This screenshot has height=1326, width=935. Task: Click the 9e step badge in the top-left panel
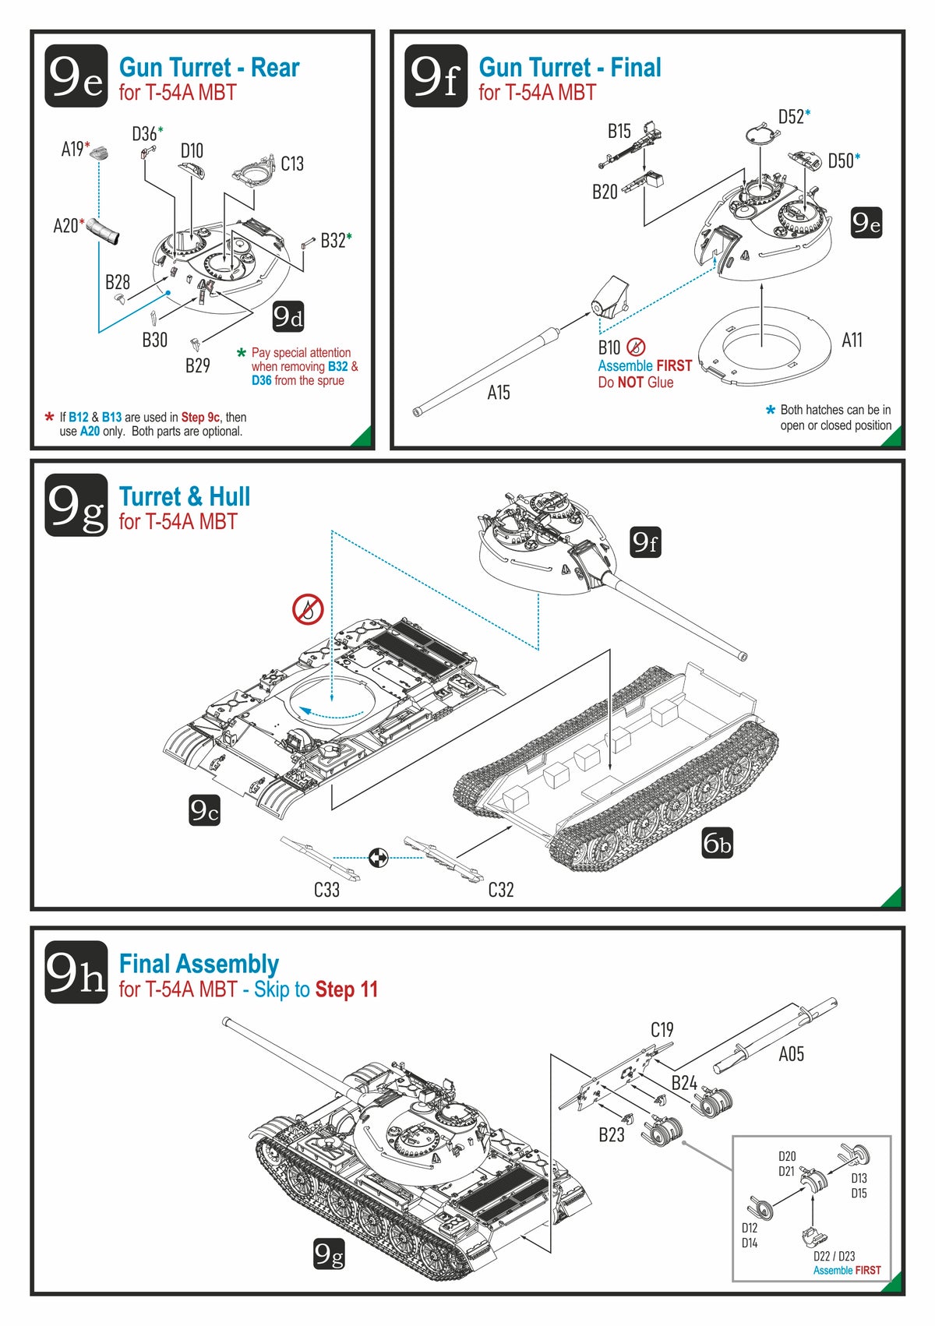[x=76, y=76]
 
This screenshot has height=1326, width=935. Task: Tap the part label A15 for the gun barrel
[x=499, y=393]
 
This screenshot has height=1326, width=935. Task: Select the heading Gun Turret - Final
[x=570, y=68]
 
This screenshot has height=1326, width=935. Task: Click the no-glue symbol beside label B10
[x=636, y=347]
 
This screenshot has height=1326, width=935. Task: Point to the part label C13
[x=292, y=164]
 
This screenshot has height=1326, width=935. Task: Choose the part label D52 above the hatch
[x=791, y=117]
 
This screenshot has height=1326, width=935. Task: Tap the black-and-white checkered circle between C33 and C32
[x=378, y=858]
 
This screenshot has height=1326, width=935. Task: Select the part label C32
[x=501, y=890]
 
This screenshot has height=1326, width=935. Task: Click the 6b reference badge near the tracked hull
[x=718, y=843]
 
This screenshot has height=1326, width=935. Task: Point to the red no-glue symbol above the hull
[x=308, y=608]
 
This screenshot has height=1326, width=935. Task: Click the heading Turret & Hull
[x=184, y=497]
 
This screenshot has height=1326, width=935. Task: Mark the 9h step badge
[x=76, y=972]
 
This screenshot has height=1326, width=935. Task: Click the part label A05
[x=791, y=1054]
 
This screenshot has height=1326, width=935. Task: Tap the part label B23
[x=612, y=1135]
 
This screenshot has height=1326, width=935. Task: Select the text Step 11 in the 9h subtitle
[x=347, y=989]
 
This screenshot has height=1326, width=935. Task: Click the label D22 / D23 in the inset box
[x=834, y=1256]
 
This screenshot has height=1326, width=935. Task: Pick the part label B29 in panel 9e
[x=198, y=365]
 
